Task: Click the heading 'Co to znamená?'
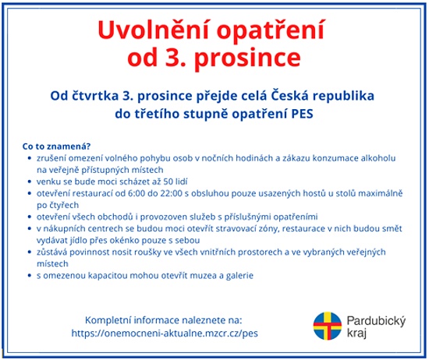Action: pyautogui.click(x=57, y=146)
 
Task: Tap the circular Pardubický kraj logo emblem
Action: pyautogui.click(x=328, y=326)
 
